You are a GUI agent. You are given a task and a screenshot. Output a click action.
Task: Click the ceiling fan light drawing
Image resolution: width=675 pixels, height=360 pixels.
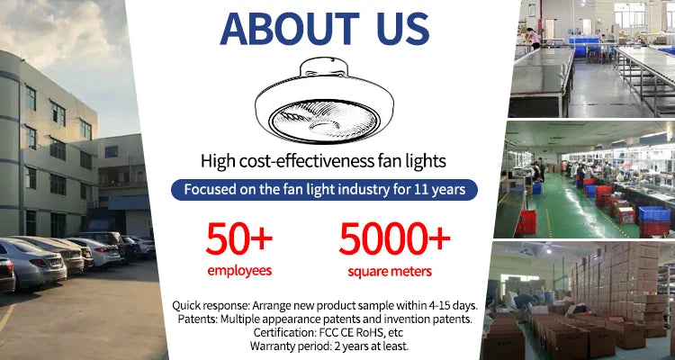click(324, 100)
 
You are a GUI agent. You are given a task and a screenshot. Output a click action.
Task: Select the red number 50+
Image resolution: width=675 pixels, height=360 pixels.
click(238, 238)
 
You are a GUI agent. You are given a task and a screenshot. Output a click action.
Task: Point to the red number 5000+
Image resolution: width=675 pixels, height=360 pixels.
click(394, 238)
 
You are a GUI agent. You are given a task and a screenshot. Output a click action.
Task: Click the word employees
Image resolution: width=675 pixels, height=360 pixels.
click(239, 270)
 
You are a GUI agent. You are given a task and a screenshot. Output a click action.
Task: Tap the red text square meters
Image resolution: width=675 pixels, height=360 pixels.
click(390, 271)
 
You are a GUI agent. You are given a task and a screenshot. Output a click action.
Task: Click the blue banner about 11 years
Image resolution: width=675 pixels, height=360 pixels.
click(324, 190)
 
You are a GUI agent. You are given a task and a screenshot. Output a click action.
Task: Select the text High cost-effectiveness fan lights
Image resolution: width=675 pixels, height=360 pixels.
click(323, 161)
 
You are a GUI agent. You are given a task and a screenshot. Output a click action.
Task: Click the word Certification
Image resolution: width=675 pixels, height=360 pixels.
click(279, 332)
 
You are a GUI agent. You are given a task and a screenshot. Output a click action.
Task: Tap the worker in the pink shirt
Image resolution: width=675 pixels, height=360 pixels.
click(534, 39)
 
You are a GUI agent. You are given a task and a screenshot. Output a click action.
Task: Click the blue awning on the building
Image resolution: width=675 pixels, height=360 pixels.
click(129, 202)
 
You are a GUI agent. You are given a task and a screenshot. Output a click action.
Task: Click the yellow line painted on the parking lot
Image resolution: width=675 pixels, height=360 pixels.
click(6, 319)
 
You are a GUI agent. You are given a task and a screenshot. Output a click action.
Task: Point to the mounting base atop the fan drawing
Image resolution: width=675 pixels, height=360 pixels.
click(323, 68)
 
